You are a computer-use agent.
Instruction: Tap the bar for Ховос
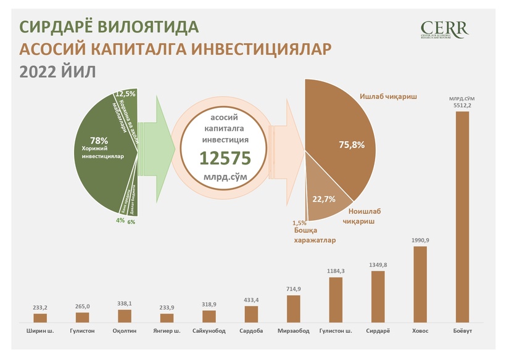(420, 284)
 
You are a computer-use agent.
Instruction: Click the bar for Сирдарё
(378, 297)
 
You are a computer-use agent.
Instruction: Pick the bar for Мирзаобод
(294, 309)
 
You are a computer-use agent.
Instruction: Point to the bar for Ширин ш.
(40, 318)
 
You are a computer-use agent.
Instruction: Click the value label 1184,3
(336, 271)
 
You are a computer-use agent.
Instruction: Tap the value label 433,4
(251, 299)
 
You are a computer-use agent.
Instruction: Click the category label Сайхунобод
(209, 331)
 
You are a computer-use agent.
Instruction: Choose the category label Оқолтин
(125, 331)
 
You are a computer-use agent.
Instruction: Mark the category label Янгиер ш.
(167, 331)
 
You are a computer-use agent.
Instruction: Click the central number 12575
(225, 159)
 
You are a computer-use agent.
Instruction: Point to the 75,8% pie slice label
(352, 145)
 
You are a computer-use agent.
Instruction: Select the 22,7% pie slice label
(325, 198)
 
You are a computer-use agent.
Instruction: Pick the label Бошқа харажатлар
(314, 235)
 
